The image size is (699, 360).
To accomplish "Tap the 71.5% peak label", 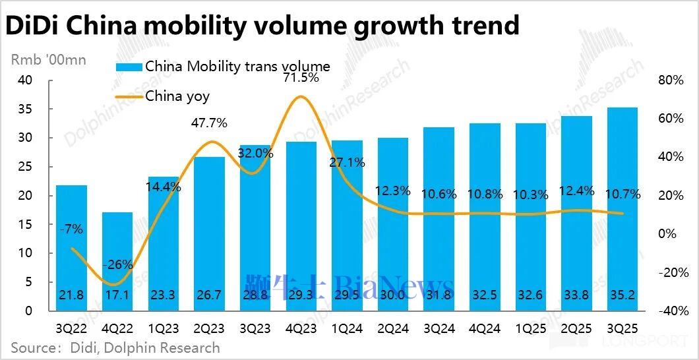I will (301, 78).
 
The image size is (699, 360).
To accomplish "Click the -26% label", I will (118, 265).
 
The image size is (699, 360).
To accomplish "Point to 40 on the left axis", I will (24, 80).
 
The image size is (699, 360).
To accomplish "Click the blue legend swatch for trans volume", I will (129, 67).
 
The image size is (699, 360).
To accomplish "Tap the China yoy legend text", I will (177, 96).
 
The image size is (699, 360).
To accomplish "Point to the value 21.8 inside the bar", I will (71, 295).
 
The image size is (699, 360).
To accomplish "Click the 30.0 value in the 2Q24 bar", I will (392, 295).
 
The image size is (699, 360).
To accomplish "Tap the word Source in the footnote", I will (32, 347).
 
